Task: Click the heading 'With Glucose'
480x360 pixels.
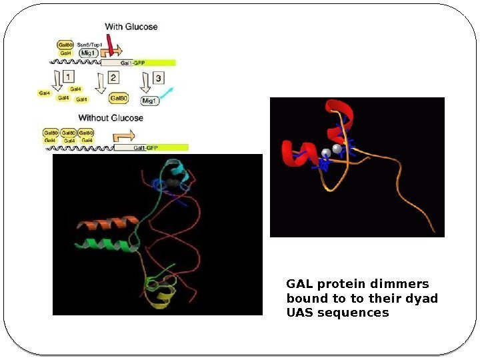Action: (x=131, y=27)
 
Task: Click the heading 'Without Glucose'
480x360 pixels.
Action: (x=111, y=118)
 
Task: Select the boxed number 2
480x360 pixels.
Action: (x=113, y=77)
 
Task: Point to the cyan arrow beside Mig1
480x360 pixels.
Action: (x=170, y=93)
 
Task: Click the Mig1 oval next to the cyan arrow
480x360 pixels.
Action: (x=150, y=101)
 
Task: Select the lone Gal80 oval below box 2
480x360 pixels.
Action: (x=118, y=98)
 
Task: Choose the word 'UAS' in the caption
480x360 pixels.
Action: (x=300, y=312)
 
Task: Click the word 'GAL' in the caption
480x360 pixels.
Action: (x=299, y=284)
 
